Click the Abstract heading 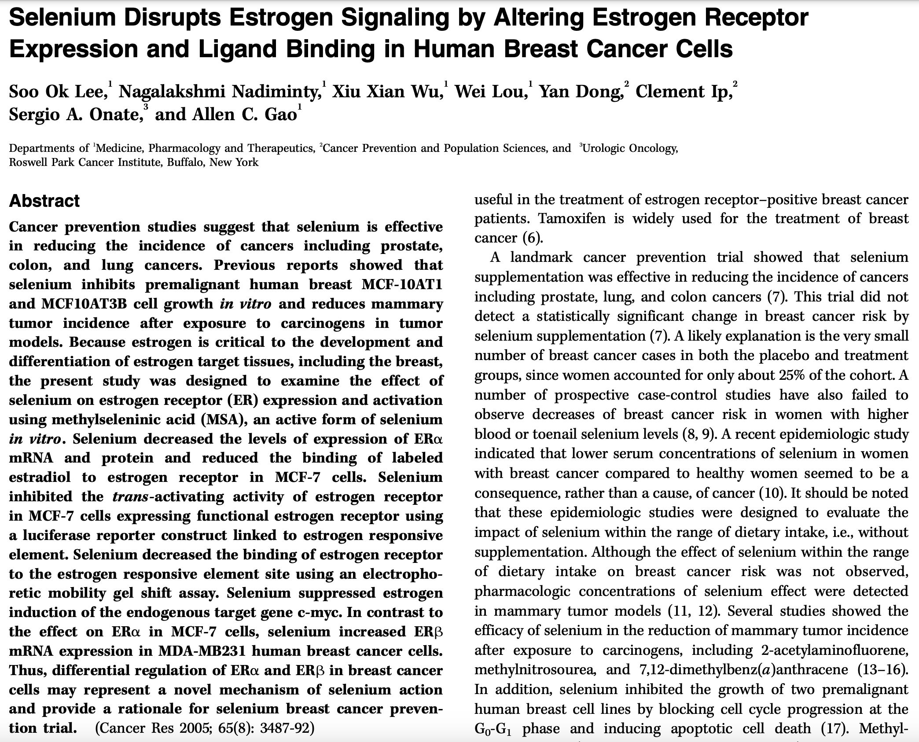[44, 201]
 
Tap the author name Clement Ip [684, 92]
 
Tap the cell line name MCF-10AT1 [401, 285]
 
